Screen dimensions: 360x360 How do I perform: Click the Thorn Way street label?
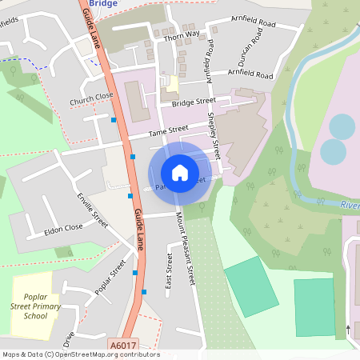coord(180,35)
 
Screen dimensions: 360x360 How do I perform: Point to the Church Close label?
coord(91,98)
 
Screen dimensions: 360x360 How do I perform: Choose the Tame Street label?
coord(169,130)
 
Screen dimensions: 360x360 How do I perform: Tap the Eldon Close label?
coord(64,229)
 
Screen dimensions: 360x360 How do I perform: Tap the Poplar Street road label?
coord(110,278)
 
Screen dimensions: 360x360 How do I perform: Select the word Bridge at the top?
coord(103,4)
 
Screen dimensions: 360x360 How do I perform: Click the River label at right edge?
coord(349,205)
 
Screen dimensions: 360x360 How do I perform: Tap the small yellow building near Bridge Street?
coord(170,84)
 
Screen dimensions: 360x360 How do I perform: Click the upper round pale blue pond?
coord(342,126)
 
